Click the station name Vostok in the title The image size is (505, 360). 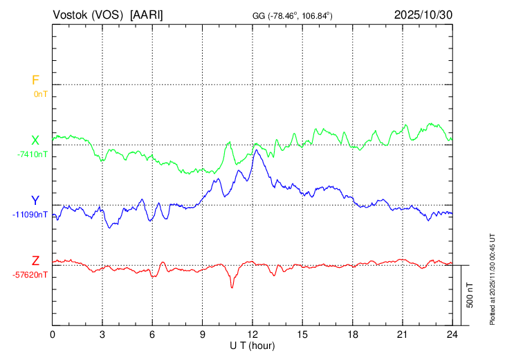point(69,15)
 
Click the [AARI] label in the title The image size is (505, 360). point(147,15)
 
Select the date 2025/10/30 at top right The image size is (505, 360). point(423,15)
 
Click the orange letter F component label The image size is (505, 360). point(35,80)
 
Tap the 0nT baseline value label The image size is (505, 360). point(40,93)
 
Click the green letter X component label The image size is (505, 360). point(35,141)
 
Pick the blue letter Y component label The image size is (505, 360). point(35,201)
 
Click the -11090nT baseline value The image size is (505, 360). point(30,215)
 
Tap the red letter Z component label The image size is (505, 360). point(35,261)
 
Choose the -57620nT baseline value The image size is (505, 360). point(30,275)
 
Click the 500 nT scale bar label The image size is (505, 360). point(470,296)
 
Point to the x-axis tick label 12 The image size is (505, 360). point(252,334)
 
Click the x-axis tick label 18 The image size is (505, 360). point(352,334)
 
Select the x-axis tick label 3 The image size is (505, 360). point(102,334)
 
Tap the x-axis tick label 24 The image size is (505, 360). point(452,334)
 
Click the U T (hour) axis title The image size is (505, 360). point(252,345)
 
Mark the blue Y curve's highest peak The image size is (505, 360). point(255,150)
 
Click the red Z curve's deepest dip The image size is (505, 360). point(232,287)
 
